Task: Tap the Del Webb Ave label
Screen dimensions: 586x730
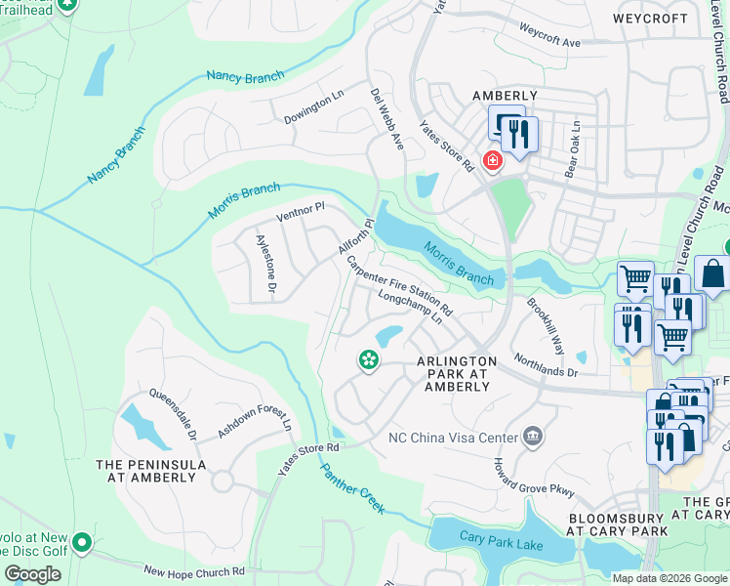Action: point(386,118)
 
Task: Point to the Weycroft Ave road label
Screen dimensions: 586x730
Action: point(549,35)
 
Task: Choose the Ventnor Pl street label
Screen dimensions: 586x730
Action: point(300,209)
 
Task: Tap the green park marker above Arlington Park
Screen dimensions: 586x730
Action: point(368,360)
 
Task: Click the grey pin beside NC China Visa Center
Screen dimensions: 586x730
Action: point(533,436)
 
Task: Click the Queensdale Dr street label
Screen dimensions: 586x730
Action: point(173,413)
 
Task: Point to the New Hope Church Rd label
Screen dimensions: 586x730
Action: point(195,570)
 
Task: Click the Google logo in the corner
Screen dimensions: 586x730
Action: point(32,574)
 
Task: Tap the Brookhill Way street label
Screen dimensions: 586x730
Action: point(546,326)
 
